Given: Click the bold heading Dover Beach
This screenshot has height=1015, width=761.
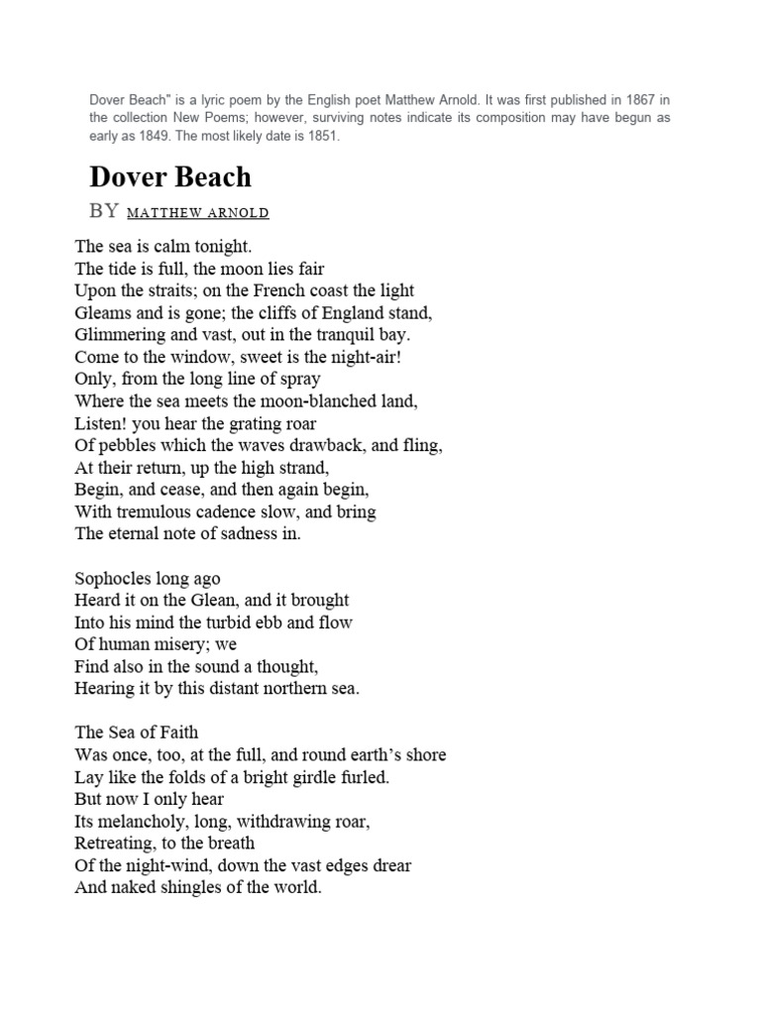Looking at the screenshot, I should tap(170, 177).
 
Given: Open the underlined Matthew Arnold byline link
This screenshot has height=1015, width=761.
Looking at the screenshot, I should tap(198, 213).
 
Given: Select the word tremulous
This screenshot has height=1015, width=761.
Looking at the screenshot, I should tap(153, 511).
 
